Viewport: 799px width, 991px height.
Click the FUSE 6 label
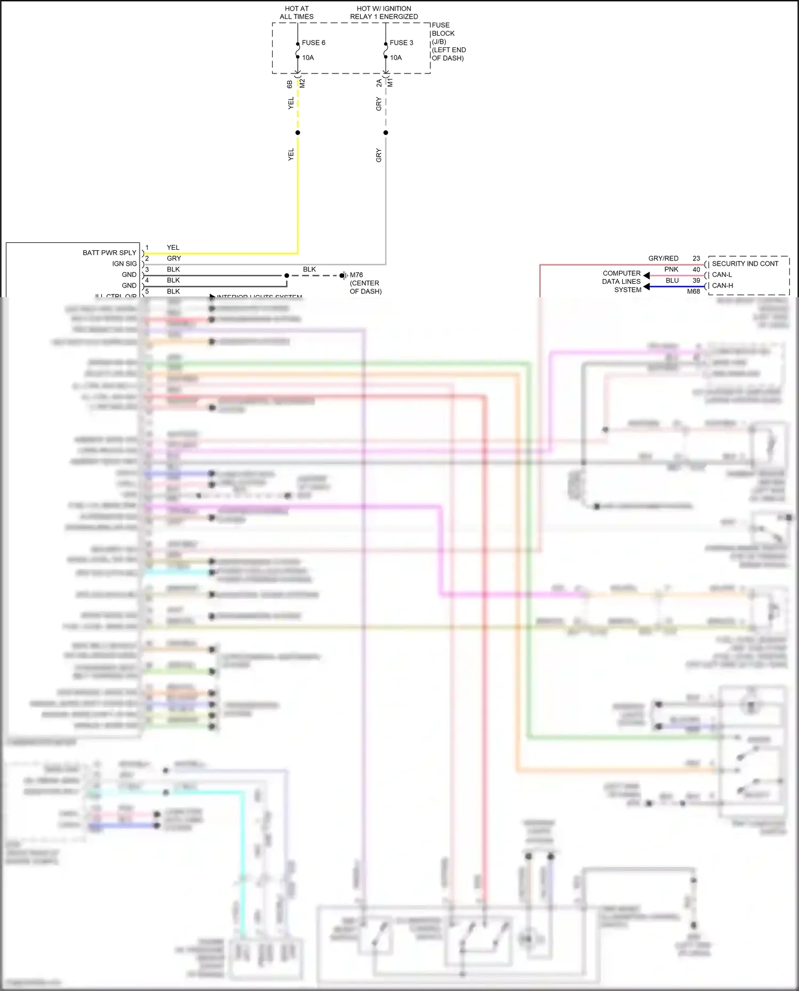(x=313, y=43)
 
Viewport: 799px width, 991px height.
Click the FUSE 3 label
(x=401, y=43)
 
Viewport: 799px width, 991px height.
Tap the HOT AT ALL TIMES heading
(x=297, y=13)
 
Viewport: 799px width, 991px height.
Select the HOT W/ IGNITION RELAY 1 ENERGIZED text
(x=384, y=13)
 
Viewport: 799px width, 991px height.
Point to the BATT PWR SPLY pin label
(x=109, y=252)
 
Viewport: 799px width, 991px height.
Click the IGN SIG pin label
(x=124, y=264)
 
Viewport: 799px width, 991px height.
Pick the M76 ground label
(x=356, y=275)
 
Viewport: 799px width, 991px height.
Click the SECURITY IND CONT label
(x=745, y=264)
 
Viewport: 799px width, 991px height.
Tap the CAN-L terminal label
(x=722, y=275)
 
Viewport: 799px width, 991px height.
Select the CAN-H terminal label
(x=722, y=285)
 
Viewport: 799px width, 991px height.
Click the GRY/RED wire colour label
(x=663, y=258)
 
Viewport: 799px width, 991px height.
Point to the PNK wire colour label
(x=671, y=269)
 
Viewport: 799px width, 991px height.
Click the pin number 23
(x=696, y=258)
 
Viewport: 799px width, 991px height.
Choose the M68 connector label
(x=693, y=291)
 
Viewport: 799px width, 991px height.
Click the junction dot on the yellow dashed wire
(x=298, y=133)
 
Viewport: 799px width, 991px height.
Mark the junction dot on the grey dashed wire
(x=386, y=133)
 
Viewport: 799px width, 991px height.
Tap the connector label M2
(x=303, y=84)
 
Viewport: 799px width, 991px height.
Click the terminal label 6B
(x=290, y=84)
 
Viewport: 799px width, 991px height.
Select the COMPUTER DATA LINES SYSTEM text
(x=622, y=281)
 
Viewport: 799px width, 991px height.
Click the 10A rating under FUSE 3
(x=396, y=58)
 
